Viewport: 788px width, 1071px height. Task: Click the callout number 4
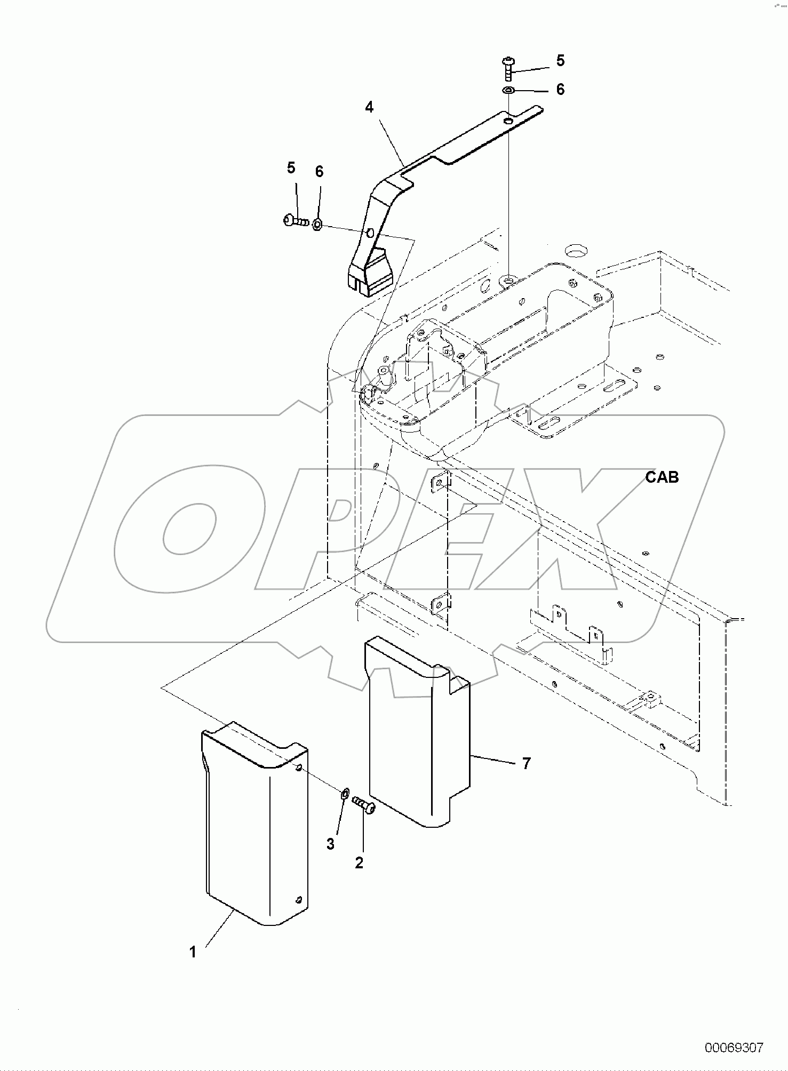[369, 107]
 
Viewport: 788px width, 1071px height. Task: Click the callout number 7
[526, 764]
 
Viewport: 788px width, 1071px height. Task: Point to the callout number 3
[331, 844]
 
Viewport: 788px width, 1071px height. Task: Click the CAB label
[662, 477]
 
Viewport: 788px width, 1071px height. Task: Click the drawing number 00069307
[734, 1048]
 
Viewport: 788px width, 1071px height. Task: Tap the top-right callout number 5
[560, 61]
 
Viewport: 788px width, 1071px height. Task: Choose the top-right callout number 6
[560, 89]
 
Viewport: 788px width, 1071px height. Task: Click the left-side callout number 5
[291, 168]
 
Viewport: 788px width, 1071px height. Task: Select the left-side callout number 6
[319, 171]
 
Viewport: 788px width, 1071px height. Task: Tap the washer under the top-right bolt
[508, 91]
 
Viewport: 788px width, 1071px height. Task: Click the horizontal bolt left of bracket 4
[296, 220]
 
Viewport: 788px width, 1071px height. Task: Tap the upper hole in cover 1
[299, 767]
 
